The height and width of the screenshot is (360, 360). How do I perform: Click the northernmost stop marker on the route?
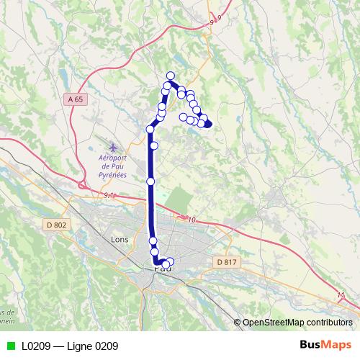point(171,76)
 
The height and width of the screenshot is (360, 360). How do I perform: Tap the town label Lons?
point(120,239)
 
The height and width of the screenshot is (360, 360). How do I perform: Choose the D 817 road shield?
point(225,262)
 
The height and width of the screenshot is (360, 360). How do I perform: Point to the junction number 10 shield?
point(191,219)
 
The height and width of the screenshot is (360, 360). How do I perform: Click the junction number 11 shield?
point(341,294)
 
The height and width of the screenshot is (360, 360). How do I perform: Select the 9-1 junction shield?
point(109,195)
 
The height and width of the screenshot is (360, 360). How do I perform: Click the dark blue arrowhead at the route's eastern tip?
point(209,125)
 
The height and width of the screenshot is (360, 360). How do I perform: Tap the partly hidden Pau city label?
point(163,270)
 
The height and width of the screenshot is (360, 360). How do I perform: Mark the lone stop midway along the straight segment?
point(150,181)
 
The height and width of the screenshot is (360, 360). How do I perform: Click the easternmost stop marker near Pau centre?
point(171,261)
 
